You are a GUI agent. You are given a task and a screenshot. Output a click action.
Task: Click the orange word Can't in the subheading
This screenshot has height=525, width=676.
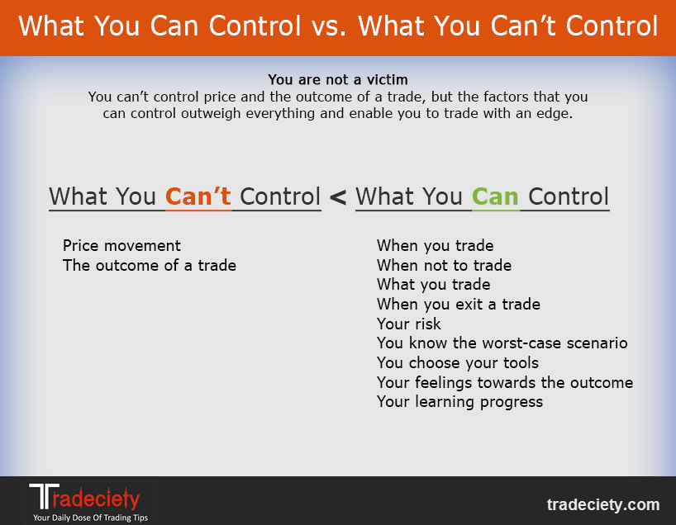198,196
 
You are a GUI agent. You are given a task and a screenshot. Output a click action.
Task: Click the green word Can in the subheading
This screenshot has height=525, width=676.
495,196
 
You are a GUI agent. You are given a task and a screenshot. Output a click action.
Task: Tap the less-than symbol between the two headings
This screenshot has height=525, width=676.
338,197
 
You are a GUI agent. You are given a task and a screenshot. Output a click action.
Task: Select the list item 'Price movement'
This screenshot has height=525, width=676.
121,245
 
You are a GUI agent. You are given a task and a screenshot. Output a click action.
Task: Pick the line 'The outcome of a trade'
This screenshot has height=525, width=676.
150,265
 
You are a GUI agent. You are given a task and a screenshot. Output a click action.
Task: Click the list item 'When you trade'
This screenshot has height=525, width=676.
435,245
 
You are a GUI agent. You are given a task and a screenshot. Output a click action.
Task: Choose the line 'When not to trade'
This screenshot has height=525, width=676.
444,265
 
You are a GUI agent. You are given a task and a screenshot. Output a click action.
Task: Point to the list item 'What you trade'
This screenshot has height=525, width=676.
433,285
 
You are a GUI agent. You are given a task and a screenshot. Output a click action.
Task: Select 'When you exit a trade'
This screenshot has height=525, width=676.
459,304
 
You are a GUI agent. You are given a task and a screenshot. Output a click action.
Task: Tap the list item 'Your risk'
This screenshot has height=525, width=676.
409,324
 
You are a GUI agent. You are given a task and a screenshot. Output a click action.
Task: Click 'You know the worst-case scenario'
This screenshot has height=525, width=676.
502,343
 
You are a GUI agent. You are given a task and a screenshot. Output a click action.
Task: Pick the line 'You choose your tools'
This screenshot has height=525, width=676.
458,362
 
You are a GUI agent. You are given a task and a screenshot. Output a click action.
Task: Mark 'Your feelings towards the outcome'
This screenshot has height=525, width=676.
505,382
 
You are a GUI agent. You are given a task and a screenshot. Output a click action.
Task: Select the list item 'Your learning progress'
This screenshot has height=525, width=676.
460,402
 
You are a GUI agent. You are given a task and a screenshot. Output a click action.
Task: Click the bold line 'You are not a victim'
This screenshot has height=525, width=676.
337,80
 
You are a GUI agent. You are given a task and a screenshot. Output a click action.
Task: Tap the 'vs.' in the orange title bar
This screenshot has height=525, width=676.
329,26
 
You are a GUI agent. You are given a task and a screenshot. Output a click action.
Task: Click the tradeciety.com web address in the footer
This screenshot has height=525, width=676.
603,504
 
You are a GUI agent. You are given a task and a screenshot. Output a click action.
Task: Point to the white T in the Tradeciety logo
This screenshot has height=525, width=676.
44,496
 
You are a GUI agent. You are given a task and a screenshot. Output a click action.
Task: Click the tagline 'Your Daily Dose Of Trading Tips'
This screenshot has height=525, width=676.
91,518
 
